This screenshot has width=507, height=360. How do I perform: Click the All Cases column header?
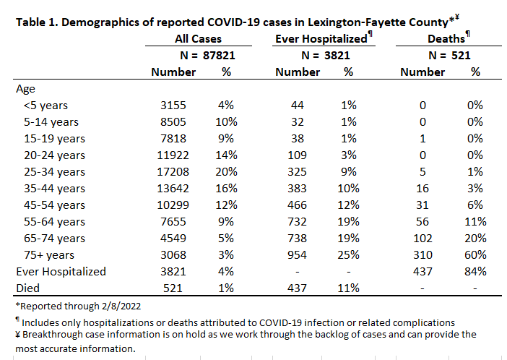click(198, 39)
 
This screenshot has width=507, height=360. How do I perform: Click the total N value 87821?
click(219, 56)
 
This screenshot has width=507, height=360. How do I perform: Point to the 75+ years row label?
click(49, 255)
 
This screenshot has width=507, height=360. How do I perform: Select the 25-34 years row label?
click(54, 172)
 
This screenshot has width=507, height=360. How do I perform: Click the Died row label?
click(28, 288)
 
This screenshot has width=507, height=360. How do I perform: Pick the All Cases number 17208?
click(173, 172)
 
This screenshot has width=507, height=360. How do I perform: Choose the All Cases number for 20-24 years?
click(173, 155)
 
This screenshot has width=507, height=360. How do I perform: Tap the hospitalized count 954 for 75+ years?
click(297, 255)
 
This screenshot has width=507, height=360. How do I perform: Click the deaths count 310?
click(422, 255)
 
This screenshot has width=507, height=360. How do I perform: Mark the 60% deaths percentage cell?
click(475, 255)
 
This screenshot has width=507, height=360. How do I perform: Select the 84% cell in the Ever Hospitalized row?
click(475, 272)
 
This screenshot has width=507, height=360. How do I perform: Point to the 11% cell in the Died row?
click(349, 288)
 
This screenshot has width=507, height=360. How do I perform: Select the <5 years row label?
click(45, 106)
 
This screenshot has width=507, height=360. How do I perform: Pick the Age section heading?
click(25, 90)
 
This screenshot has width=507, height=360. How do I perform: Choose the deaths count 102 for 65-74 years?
click(422, 239)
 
